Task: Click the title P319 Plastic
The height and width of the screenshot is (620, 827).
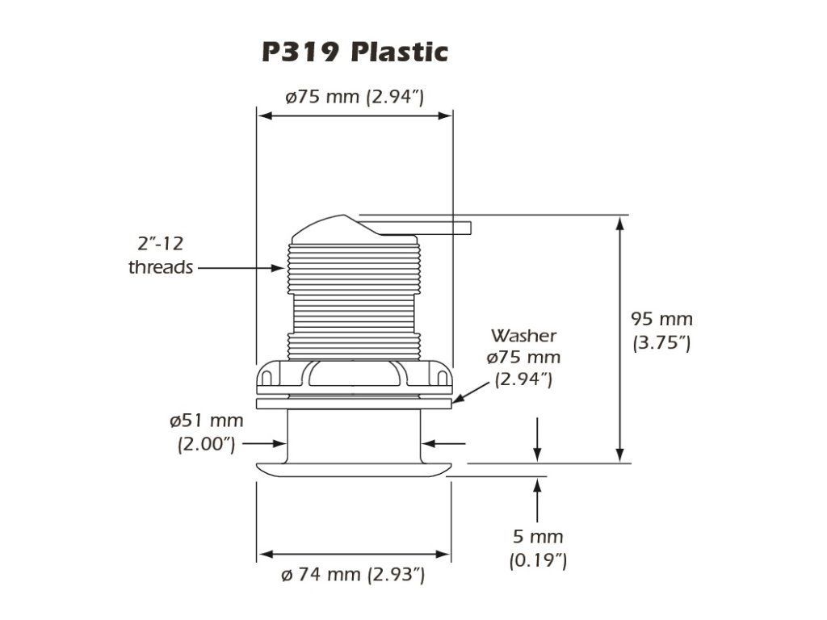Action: tap(355, 52)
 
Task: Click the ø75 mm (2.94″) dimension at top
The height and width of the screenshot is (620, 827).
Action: tap(355, 97)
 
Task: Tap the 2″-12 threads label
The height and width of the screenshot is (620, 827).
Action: tap(161, 256)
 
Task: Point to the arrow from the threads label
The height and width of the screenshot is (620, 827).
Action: tap(241, 268)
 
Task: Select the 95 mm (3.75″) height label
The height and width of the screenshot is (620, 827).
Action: tap(661, 330)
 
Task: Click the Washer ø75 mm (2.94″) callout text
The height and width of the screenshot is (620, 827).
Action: tap(523, 358)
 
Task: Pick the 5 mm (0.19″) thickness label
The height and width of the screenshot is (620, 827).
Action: tap(538, 548)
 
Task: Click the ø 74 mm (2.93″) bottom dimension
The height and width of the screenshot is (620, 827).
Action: tap(353, 575)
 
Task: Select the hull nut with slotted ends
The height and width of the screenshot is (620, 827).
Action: tap(354, 377)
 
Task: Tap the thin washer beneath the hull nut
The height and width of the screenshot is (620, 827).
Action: tap(354, 404)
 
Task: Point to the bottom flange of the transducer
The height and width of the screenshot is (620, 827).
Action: tap(354, 470)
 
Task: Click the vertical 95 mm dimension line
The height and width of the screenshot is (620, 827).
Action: tap(620, 340)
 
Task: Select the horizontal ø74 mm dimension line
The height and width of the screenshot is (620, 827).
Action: tap(354, 554)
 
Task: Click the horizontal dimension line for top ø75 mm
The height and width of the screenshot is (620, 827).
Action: tap(355, 115)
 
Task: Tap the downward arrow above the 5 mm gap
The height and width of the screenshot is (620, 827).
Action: tap(537, 440)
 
